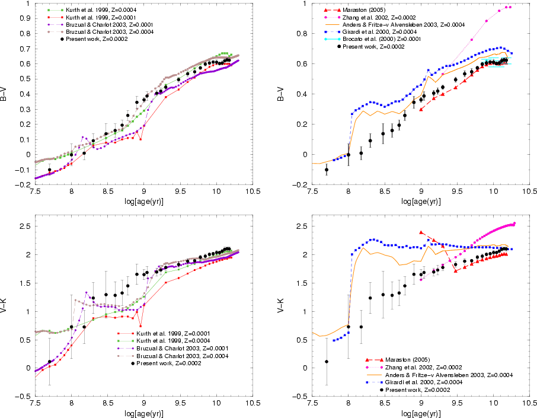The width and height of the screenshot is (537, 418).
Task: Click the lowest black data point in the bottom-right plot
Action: pos(327,362)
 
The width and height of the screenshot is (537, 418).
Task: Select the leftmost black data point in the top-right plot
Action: pos(327,170)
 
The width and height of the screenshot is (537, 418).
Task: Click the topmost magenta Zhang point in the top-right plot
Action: pos(508,7)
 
